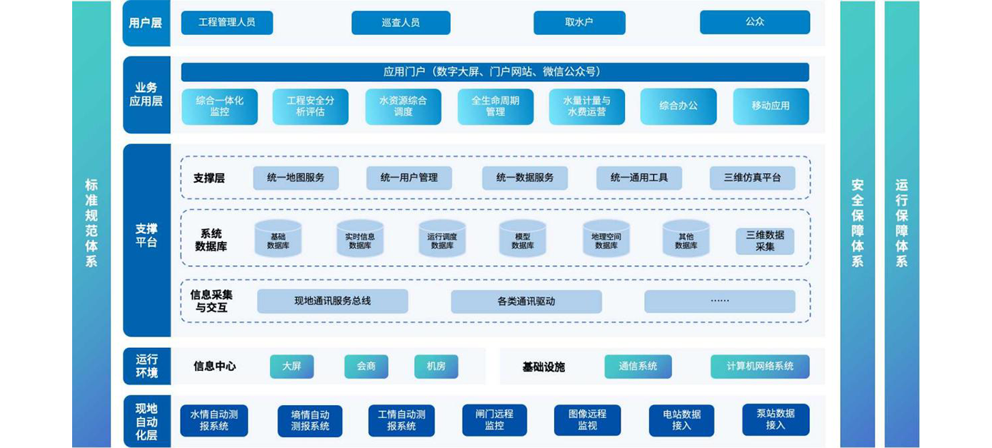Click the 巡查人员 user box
click(x=401, y=23)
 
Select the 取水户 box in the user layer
click(x=579, y=23)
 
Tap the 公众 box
click(x=754, y=22)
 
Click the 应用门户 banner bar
click(x=494, y=72)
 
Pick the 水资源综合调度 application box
click(x=403, y=106)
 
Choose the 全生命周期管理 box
click(x=495, y=106)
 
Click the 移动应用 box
click(x=771, y=106)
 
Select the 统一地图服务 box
click(x=296, y=178)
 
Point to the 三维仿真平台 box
click(x=752, y=178)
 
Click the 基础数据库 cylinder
click(x=278, y=239)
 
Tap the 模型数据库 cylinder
click(x=523, y=239)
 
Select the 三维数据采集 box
click(x=765, y=241)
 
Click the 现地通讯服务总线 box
click(x=332, y=302)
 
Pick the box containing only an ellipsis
click(x=719, y=302)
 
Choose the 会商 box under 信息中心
click(x=366, y=367)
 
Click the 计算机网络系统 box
click(x=760, y=367)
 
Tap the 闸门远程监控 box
click(x=494, y=420)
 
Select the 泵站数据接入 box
click(x=776, y=419)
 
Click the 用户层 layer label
click(x=146, y=23)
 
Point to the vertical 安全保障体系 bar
click(x=857, y=224)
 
